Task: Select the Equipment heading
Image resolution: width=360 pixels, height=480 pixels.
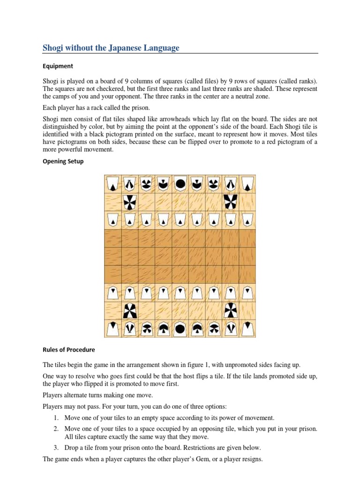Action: pyautogui.click(x=58, y=66)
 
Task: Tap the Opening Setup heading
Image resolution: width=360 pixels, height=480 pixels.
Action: pyautogui.click(x=63, y=161)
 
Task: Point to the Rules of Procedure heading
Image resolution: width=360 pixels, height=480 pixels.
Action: pyautogui.click(x=68, y=350)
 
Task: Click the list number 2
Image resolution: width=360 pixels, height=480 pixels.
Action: pyautogui.click(x=55, y=429)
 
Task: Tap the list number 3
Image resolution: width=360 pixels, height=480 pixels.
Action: pyautogui.click(x=55, y=448)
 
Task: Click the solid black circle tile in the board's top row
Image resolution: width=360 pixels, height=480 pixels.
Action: pyautogui.click(x=180, y=184)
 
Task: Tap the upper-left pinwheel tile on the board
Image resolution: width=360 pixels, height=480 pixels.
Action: pyautogui.click(x=129, y=202)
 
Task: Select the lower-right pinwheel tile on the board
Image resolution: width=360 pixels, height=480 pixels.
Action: pyautogui.click(x=230, y=311)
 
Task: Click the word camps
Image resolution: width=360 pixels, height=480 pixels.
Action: pyautogui.click(x=60, y=96)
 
